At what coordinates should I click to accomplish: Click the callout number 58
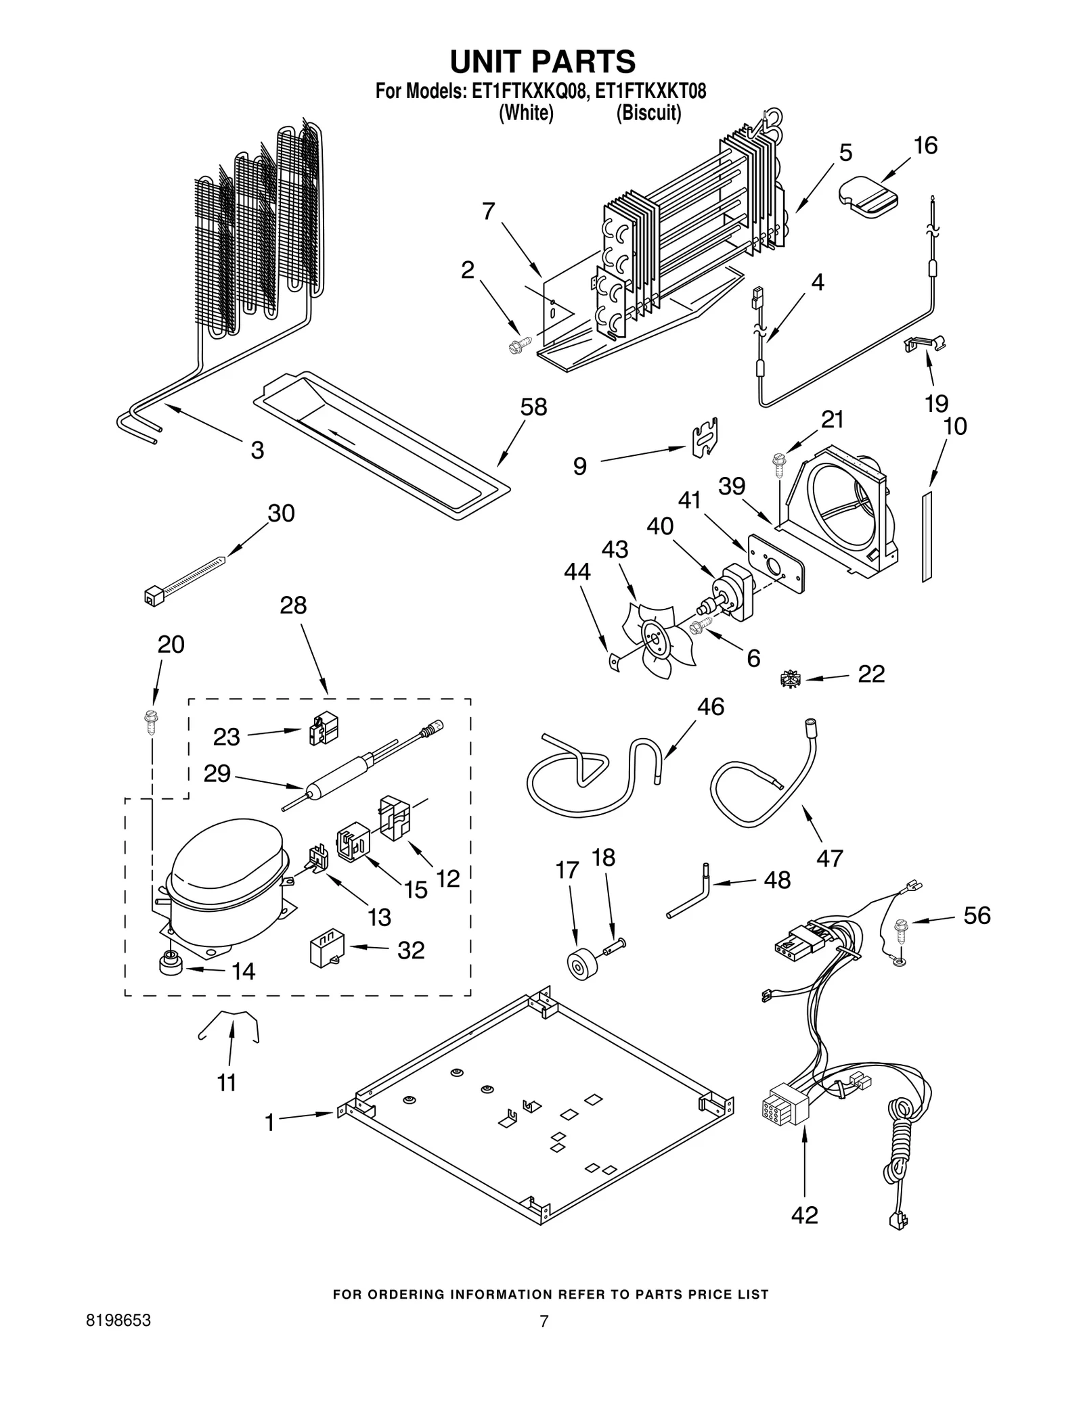tap(533, 407)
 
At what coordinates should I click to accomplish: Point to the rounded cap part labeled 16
tap(868, 198)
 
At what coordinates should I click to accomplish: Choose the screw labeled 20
tap(150, 721)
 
